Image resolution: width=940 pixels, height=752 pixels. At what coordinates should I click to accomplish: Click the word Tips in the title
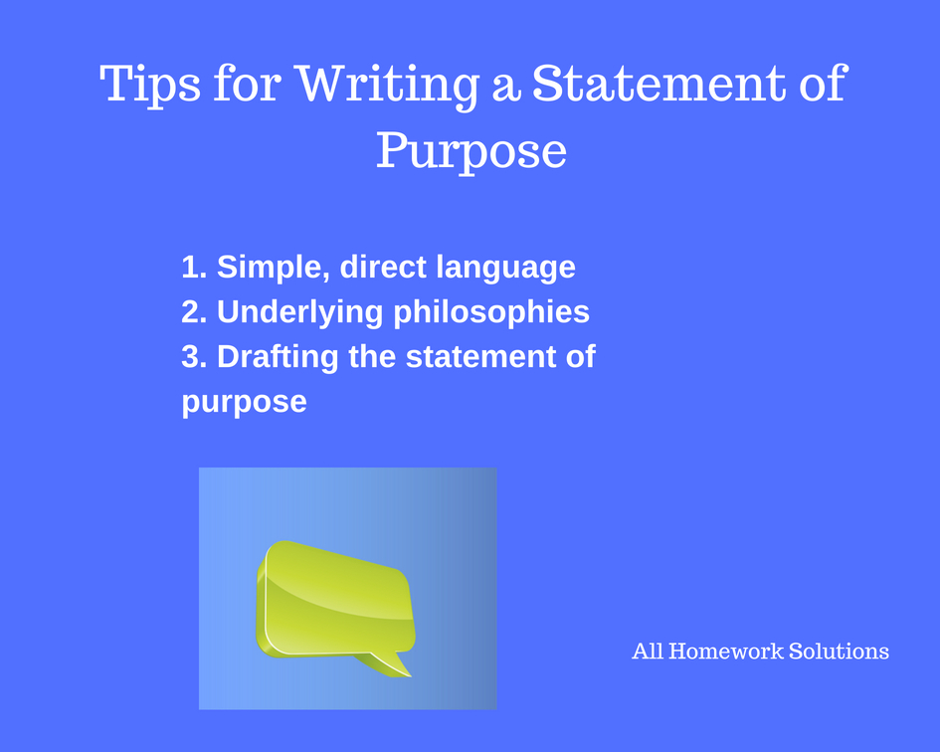(150, 86)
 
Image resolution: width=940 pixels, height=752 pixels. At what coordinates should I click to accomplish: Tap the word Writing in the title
(388, 87)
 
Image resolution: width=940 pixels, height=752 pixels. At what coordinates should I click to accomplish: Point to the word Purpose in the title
(471, 150)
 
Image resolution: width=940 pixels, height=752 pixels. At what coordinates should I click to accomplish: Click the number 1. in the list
(194, 267)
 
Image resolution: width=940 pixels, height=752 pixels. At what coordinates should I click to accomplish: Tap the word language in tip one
(505, 268)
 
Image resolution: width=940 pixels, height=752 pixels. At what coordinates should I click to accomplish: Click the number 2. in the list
(194, 311)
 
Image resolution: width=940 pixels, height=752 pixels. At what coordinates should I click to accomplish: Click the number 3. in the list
(194, 357)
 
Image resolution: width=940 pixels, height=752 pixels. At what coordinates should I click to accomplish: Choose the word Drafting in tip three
(278, 357)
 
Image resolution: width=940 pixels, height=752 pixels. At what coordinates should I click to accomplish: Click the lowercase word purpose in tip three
(244, 403)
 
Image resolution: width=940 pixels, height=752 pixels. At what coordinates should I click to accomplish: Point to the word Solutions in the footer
(839, 652)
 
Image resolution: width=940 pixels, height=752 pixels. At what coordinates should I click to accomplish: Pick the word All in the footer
(648, 652)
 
